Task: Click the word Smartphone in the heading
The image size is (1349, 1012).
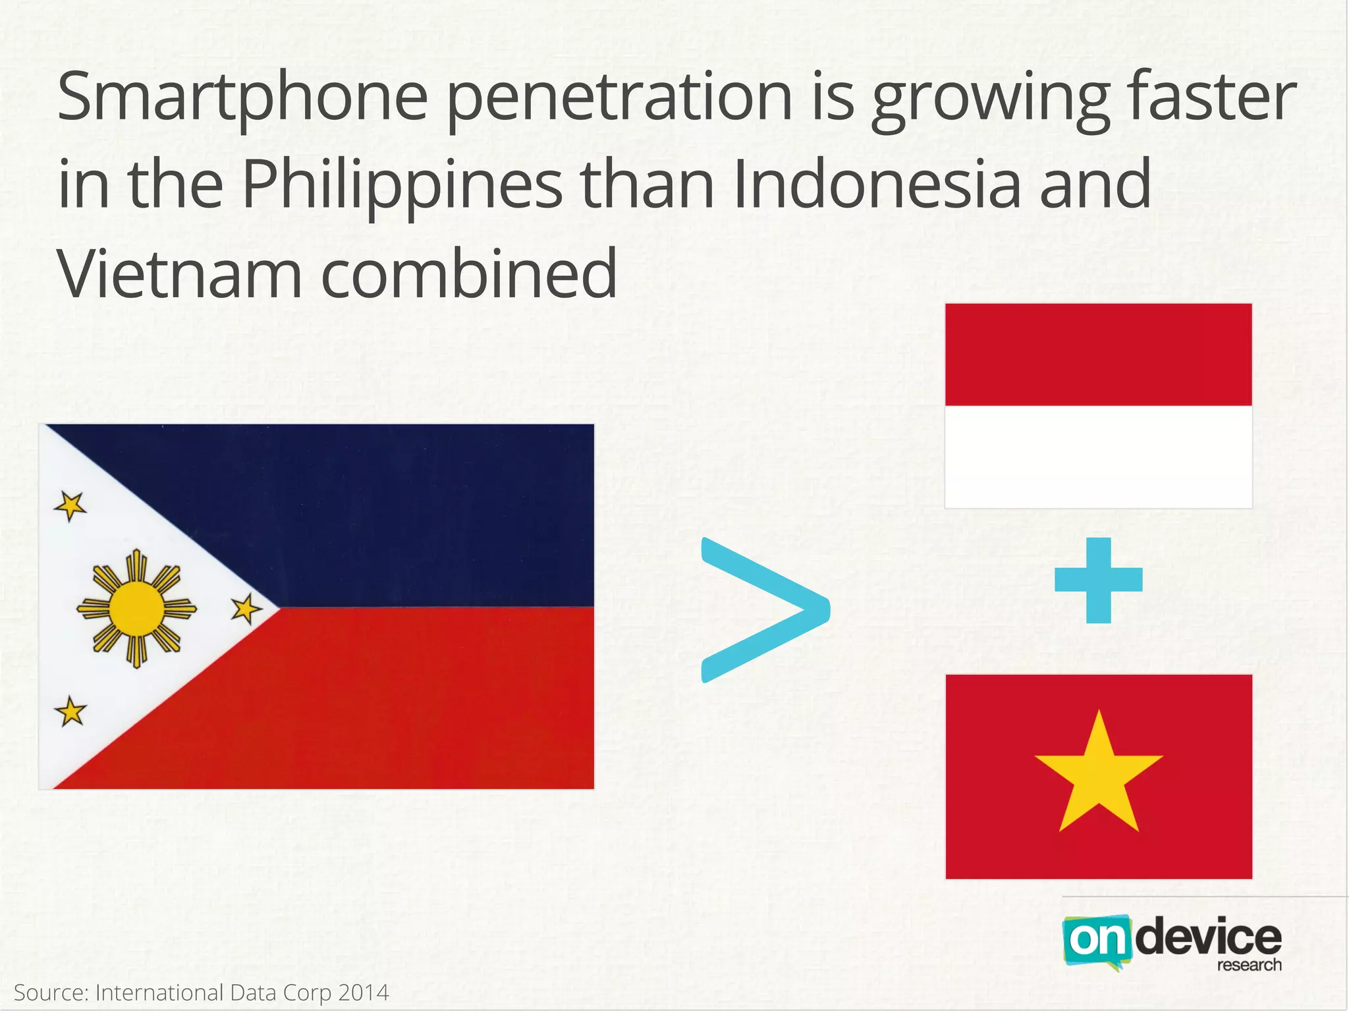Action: pos(242,99)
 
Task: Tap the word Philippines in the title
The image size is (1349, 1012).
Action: pos(402,187)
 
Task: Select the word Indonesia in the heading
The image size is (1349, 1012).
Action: pos(876,186)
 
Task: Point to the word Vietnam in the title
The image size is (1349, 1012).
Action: pos(179,273)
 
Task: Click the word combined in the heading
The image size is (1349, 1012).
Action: pos(469,273)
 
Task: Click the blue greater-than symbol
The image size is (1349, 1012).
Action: pos(764,610)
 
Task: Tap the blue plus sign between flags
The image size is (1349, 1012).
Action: pos(1098,580)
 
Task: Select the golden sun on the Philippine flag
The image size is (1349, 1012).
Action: pos(136,609)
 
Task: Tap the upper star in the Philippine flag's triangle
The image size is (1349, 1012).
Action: pos(70,506)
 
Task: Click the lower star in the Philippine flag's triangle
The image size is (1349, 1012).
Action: pos(70,712)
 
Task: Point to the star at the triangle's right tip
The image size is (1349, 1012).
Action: pos(246,608)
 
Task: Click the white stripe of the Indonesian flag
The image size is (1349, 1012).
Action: pos(1098,457)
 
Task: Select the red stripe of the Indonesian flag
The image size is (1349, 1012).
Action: pos(1098,354)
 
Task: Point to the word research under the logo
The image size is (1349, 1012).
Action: pos(1249,965)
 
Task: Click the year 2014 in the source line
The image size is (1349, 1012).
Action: pos(363,992)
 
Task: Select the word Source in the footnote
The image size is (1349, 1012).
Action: pos(50,992)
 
